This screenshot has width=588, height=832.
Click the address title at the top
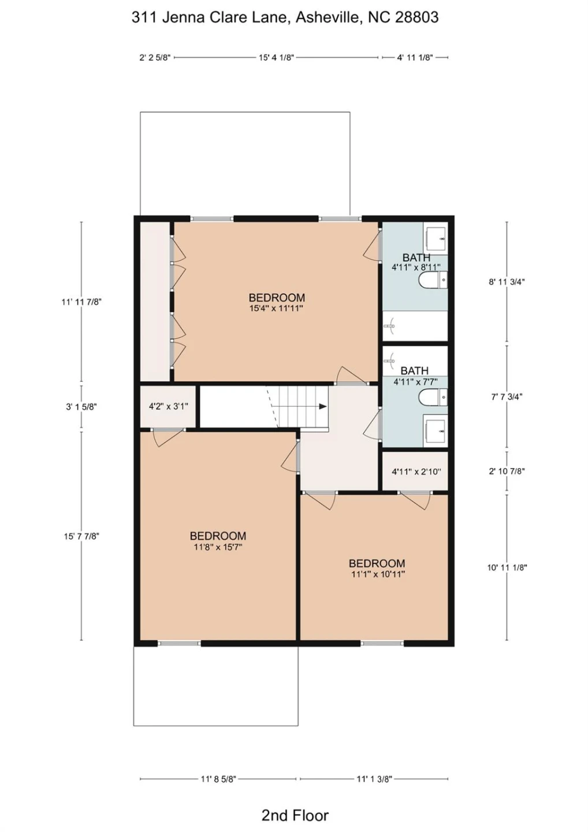tap(285, 17)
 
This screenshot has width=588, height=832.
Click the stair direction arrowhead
tap(323, 406)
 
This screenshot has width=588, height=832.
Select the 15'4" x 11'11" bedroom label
tap(277, 302)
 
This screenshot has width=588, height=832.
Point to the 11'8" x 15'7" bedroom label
tap(218, 541)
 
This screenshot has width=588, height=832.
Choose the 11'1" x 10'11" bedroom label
tap(377, 569)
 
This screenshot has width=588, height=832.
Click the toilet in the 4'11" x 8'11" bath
tap(433, 280)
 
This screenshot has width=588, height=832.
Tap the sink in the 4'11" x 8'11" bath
tap(436, 238)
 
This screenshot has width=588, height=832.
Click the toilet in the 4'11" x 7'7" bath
tap(433, 397)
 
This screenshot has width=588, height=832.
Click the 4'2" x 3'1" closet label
tap(168, 406)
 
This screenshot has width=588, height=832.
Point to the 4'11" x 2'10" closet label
tap(416, 471)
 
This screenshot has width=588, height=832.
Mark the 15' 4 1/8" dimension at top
tap(277, 58)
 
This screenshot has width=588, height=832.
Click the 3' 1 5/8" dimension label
tap(81, 407)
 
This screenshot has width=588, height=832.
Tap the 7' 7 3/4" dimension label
tap(507, 396)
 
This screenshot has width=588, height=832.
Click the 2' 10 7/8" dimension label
tap(507, 471)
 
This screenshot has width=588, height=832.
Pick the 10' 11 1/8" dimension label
tap(507, 567)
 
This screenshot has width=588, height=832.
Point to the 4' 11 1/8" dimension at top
tap(415, 58)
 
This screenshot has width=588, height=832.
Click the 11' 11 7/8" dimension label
tap(81, 302)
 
